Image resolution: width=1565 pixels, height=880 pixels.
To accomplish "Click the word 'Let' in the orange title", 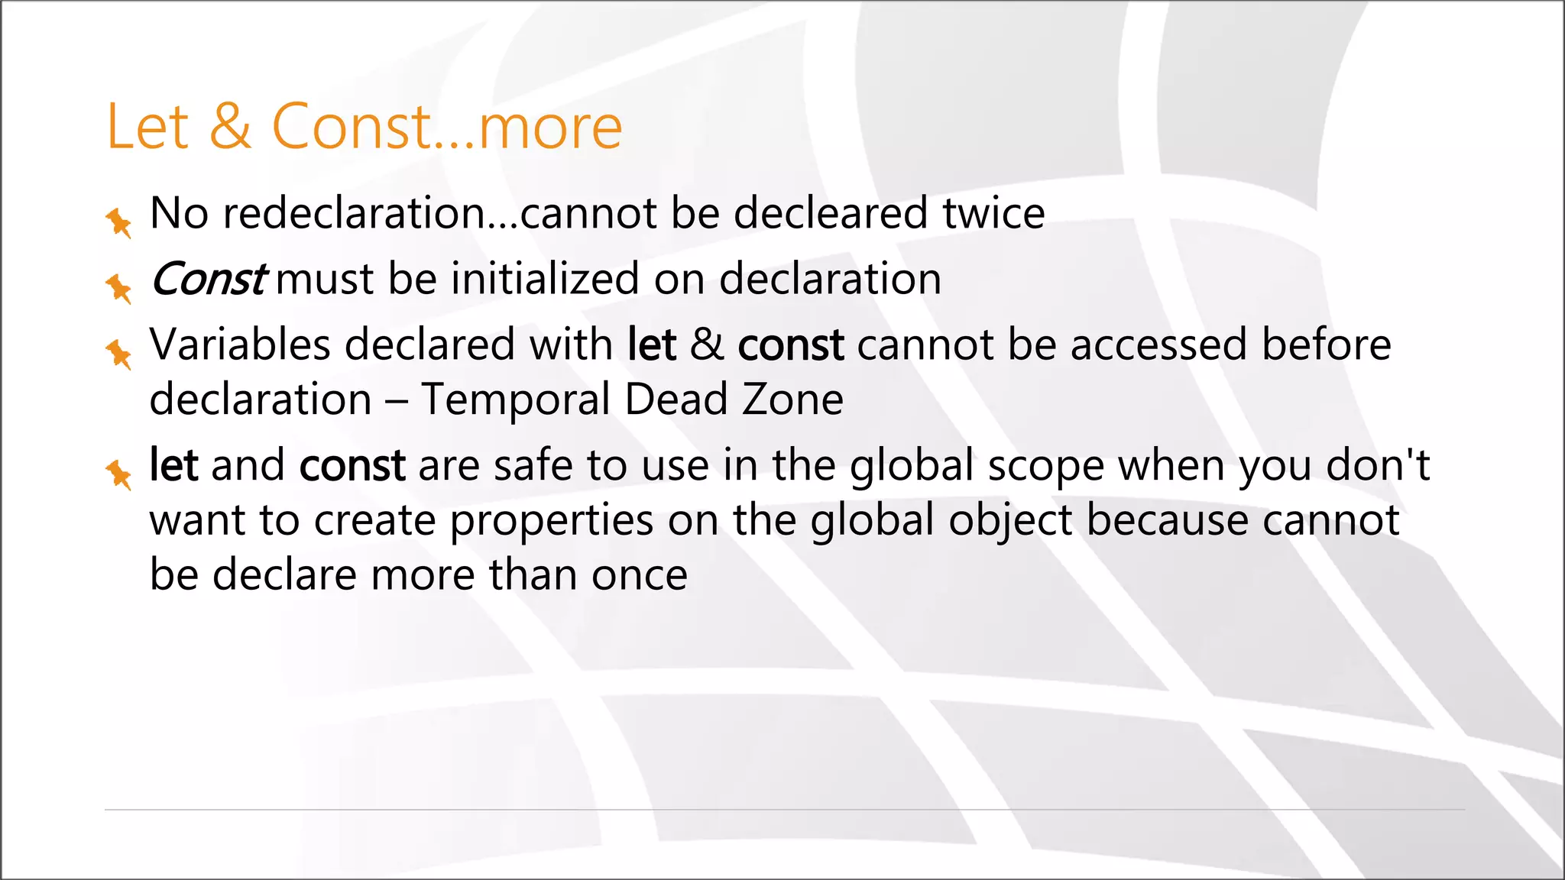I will pos(147,127).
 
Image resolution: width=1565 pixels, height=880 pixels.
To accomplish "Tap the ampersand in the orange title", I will pos(230,127).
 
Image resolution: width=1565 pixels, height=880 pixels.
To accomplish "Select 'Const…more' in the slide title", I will pos(447,127).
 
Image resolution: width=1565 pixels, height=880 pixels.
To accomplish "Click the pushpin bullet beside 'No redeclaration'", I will pos(118,222).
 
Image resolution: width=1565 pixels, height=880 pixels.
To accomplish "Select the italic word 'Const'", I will pos(208,279).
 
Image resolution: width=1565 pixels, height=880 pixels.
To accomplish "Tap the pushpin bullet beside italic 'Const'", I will pos(118,288).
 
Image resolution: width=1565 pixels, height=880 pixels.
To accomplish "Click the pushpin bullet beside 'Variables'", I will pos(118,354).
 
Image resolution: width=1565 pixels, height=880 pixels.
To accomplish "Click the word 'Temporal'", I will pos(514,400).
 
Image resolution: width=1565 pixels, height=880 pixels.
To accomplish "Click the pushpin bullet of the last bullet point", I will pos(118,474).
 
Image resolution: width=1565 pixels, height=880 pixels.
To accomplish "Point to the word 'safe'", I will pos(533,465).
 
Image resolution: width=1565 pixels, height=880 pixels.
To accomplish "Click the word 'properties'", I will pos(551,521).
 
